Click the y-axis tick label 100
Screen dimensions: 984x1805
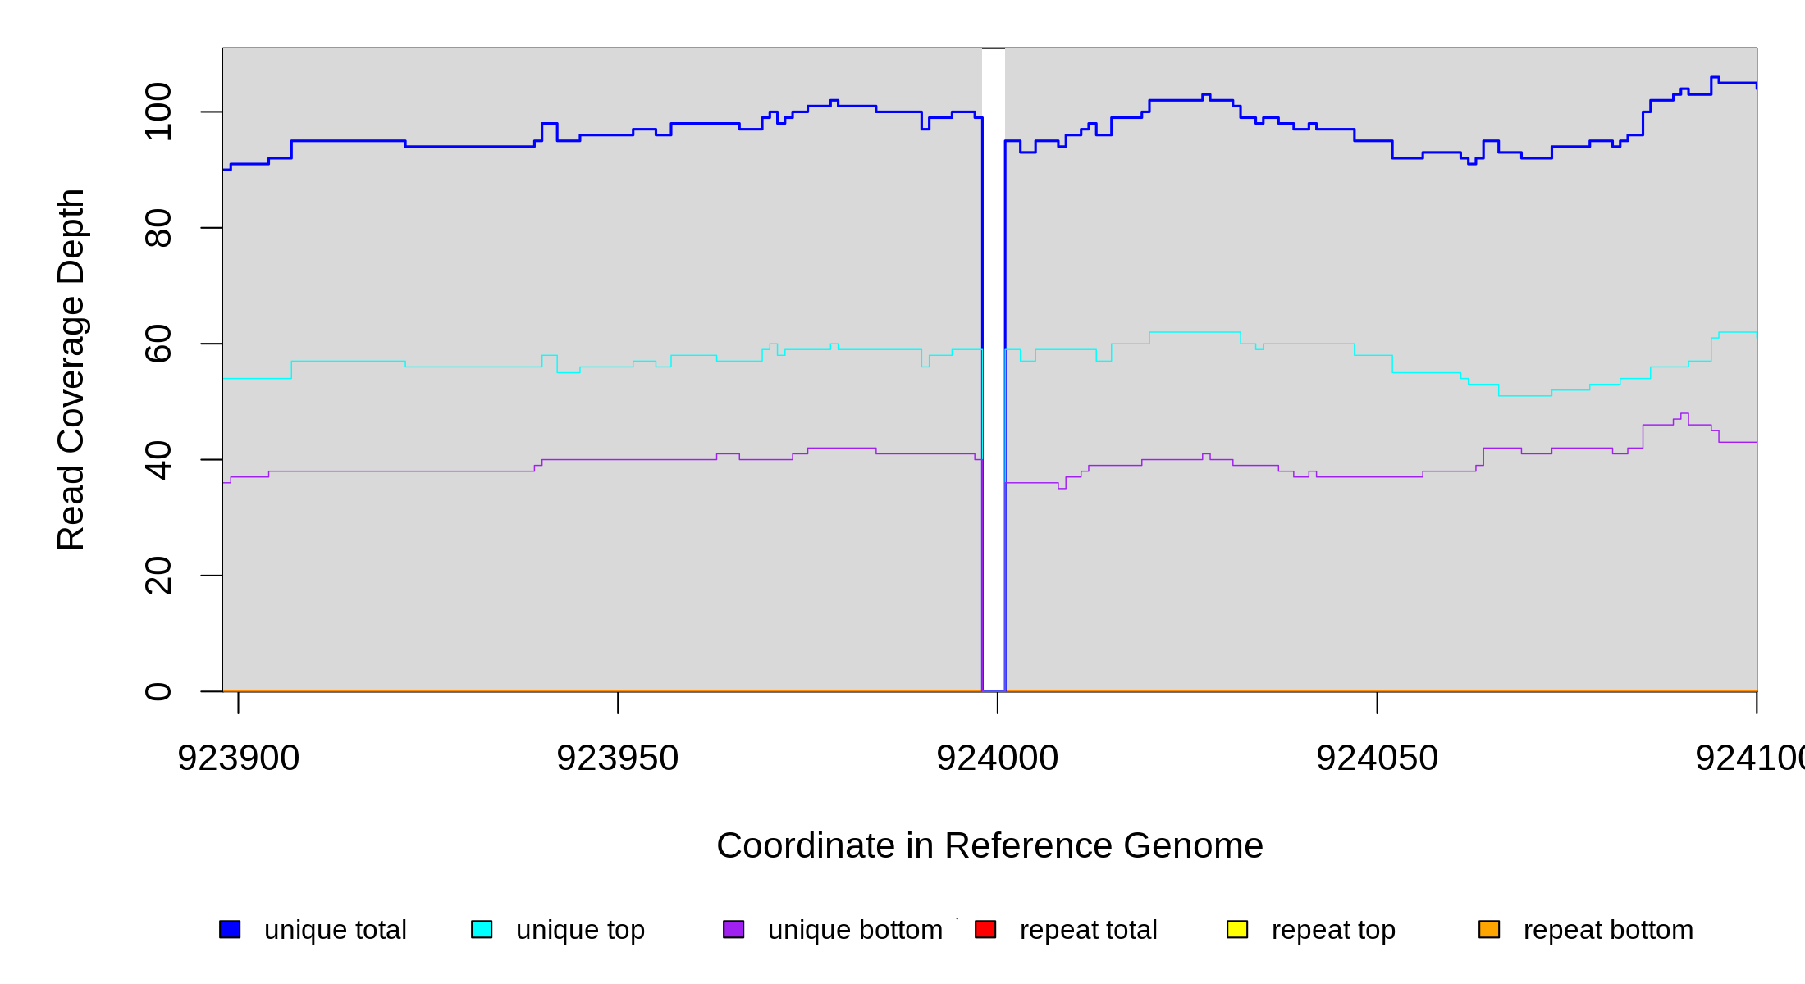tap(158, 112)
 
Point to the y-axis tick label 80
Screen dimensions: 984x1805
tap(158, 228)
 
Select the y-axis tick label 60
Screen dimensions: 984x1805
tap(158, 344)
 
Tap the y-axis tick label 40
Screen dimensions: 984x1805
tap(158, 460)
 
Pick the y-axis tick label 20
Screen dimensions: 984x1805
tap(158, 576)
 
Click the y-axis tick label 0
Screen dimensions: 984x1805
tap(158, 691)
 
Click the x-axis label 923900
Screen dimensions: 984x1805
tap(239, 758)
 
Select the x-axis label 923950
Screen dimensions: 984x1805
tap(618, 758)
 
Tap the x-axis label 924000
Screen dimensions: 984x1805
tap(998, 758)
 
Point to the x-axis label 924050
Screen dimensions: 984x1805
tap(1377, 758)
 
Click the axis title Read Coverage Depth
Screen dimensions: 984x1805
tap(71, 369)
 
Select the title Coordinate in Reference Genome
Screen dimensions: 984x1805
tap(989, 845)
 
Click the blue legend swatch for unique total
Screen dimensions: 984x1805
tap(230, 929)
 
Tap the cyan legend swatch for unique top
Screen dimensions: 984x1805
tap(482, 929)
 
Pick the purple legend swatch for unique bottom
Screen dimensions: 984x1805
tap(733, 929)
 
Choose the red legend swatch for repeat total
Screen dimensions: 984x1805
tap(985, 929)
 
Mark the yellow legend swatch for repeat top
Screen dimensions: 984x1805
tap(1237, 929)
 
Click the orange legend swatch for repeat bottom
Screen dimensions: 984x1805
tap(1489, 929)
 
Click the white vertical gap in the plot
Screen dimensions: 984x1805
tap(994, 369)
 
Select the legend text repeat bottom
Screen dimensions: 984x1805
tap(1608, 930)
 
